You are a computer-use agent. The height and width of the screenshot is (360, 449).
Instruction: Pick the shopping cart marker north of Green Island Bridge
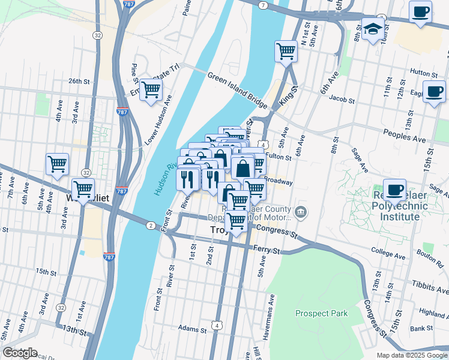click(286, 51)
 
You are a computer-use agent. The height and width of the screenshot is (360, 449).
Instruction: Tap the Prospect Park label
click(321, 313)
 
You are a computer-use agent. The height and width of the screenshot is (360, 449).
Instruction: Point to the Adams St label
click(192, 329)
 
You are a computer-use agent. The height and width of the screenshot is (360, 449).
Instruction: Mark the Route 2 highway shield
click(149, 224)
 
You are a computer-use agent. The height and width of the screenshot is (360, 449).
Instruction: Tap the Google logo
click(20, 353)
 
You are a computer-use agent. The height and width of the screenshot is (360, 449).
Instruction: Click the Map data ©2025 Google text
click(412, 355)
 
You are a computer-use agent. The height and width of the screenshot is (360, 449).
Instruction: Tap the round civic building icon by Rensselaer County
click(301, 211)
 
